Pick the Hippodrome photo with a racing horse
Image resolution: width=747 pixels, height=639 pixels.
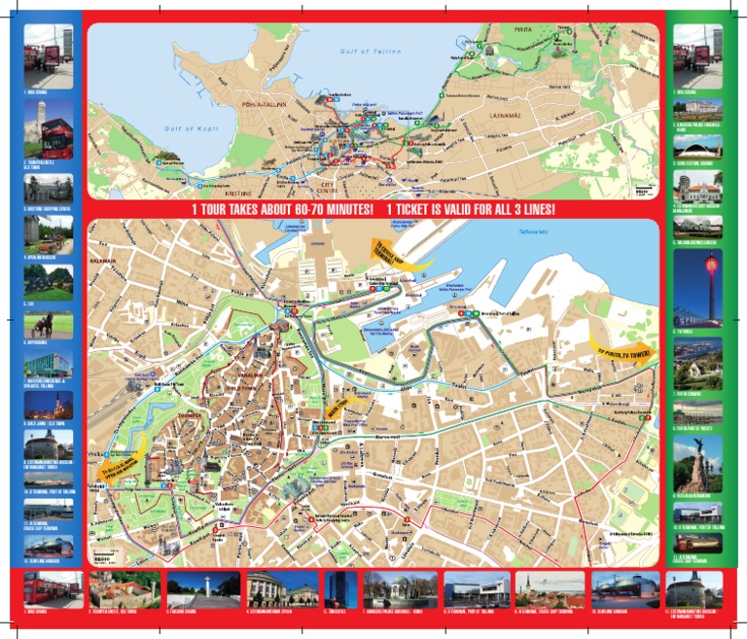tap(48, 325)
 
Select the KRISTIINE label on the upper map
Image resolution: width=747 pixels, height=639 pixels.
tap(236, 180)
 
